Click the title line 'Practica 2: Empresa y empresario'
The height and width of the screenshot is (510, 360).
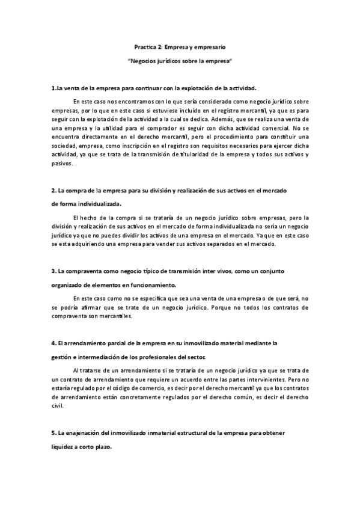(x=180, y=46)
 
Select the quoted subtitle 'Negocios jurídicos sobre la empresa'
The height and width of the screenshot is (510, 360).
(x=180, y=62)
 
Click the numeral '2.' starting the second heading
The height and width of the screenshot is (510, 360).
(x=53, y=191)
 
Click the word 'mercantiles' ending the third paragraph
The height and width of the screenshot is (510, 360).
(x=116, y=316)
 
